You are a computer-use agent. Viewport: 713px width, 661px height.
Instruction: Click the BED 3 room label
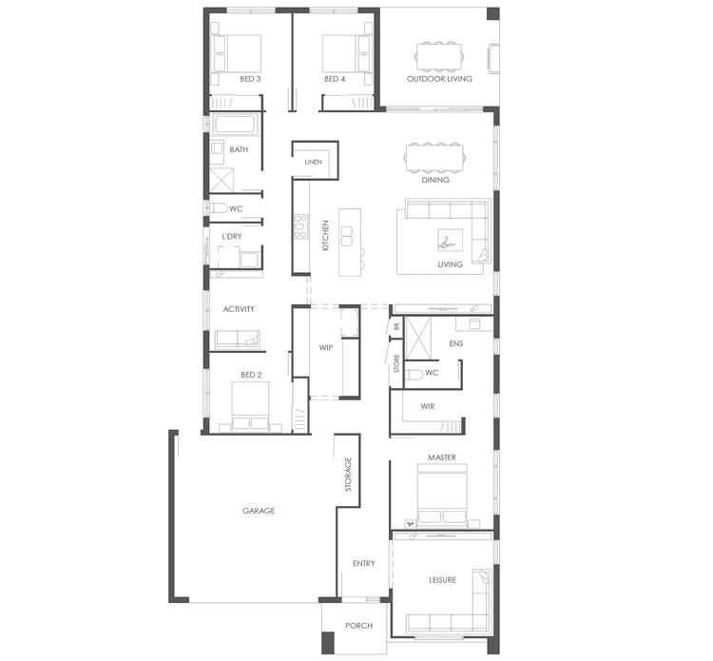(x=251, y=79)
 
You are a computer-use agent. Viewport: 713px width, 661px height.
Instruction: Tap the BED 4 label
(x=334, y=79)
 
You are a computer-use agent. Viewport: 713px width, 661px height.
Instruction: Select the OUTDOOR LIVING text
(x=438, y=79)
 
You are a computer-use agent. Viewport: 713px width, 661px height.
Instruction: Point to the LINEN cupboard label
(x=314, y=163)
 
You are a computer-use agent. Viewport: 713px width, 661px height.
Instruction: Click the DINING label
(x=435, y=180)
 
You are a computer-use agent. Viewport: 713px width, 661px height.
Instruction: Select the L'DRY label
(x=232, y=236)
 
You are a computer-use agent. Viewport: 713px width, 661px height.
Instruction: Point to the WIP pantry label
(x=325, y=348)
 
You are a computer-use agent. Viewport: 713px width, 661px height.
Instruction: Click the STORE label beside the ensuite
(x=397, y=362)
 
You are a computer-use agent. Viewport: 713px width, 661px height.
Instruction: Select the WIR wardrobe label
(x=427, y=405)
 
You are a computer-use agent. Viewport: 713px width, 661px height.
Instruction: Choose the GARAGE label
(x=258, y=511)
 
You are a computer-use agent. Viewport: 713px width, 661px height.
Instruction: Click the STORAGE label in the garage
(x=349, y=474)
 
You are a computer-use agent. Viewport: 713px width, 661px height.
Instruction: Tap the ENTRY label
(x=364, y=563)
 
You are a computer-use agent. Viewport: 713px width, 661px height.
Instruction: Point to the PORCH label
(x=358, y=626)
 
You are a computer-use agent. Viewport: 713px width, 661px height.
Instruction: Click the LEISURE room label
(x=442, y=580)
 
